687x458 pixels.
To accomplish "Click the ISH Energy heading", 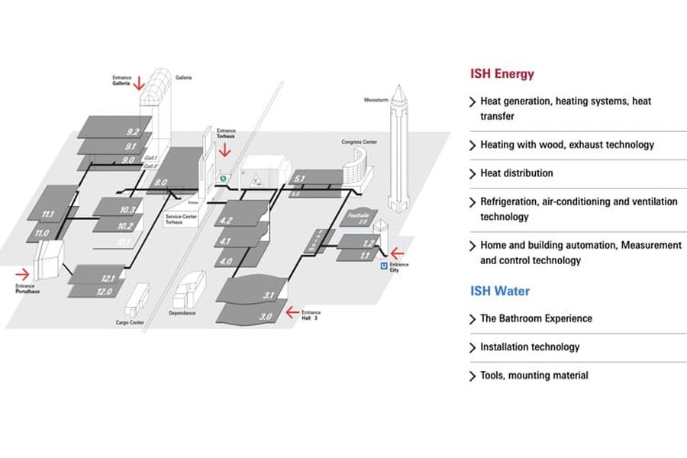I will pos(502,74).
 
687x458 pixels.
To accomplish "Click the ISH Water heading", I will pos(499,291).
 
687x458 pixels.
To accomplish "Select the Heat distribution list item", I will pos(516,173).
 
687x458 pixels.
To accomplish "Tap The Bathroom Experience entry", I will pos(535,318).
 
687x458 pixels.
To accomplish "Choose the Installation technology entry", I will pos(529,347).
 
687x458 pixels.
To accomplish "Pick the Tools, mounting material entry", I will pos(534,376).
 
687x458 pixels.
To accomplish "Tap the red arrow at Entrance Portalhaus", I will pos(23,273).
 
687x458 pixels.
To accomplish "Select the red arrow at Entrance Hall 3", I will pos(290,311).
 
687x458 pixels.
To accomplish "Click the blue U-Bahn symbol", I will pos(383,266).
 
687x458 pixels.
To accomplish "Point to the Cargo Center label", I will pos(130,323).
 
